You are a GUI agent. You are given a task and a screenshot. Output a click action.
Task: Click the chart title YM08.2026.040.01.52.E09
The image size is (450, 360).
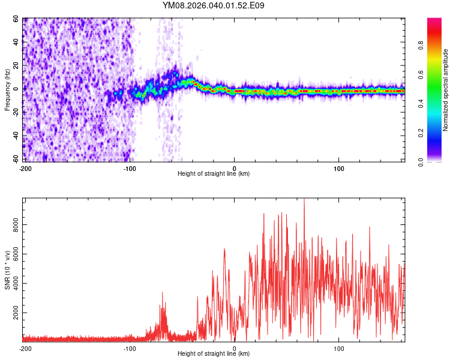[x=214, y=5]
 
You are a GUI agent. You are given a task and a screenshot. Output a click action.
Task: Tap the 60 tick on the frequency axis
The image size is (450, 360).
[x=16, y=19]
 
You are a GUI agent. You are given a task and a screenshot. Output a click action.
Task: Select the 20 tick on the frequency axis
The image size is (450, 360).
[x=16, y=66]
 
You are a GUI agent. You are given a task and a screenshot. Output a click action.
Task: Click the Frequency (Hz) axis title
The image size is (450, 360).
[x=7, y=90]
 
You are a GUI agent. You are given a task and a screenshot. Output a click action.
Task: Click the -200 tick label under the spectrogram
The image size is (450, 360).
[x=25, y=169]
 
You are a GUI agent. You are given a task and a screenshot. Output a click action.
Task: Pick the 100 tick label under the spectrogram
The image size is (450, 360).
[x=339, y=169]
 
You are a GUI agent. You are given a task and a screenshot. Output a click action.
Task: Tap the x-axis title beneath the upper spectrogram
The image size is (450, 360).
[x=214, y=174]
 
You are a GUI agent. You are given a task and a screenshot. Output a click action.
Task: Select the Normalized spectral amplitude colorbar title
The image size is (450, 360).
[x=445, y=90]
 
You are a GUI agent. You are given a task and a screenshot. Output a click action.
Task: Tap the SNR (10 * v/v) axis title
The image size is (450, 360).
[x=7, y=270]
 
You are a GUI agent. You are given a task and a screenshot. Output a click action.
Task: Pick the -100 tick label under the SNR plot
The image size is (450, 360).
[x=130, y=349]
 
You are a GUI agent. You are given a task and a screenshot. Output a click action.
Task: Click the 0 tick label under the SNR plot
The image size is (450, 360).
[x=235, y=349]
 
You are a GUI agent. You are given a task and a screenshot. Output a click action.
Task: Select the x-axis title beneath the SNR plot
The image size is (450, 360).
[x=214, y=354]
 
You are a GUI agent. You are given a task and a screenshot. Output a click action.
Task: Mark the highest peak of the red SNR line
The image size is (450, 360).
[x=304, y=199]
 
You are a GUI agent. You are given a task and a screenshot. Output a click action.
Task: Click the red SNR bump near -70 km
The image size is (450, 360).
[x=162, y=293]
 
